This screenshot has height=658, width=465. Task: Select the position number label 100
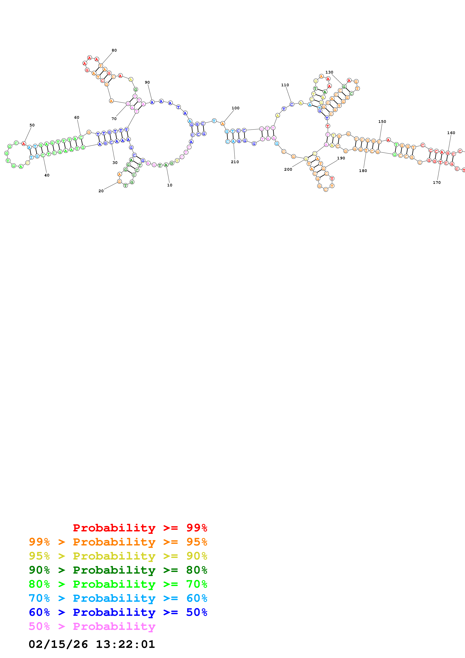coord(236,108)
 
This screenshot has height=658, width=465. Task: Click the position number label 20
coord(101,191)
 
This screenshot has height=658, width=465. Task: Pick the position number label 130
coord(329,72)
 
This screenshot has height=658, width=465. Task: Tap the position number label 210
coord(235,162)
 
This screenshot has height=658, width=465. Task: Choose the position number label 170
coord(437,183)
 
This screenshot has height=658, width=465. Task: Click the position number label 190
coord(341,158)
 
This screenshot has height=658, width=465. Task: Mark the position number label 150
coord(382,122)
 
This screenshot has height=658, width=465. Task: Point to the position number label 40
coord(47,175)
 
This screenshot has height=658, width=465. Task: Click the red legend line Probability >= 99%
coord(140,528)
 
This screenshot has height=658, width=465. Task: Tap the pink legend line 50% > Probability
coord(92,626)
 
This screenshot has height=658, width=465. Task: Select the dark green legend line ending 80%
coord(118,570)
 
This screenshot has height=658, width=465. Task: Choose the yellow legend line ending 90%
coord(118,556)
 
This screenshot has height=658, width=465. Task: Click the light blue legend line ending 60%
coord(118,598)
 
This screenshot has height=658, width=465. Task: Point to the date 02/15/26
coord(58,644)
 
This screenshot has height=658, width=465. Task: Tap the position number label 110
coord(285,85)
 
